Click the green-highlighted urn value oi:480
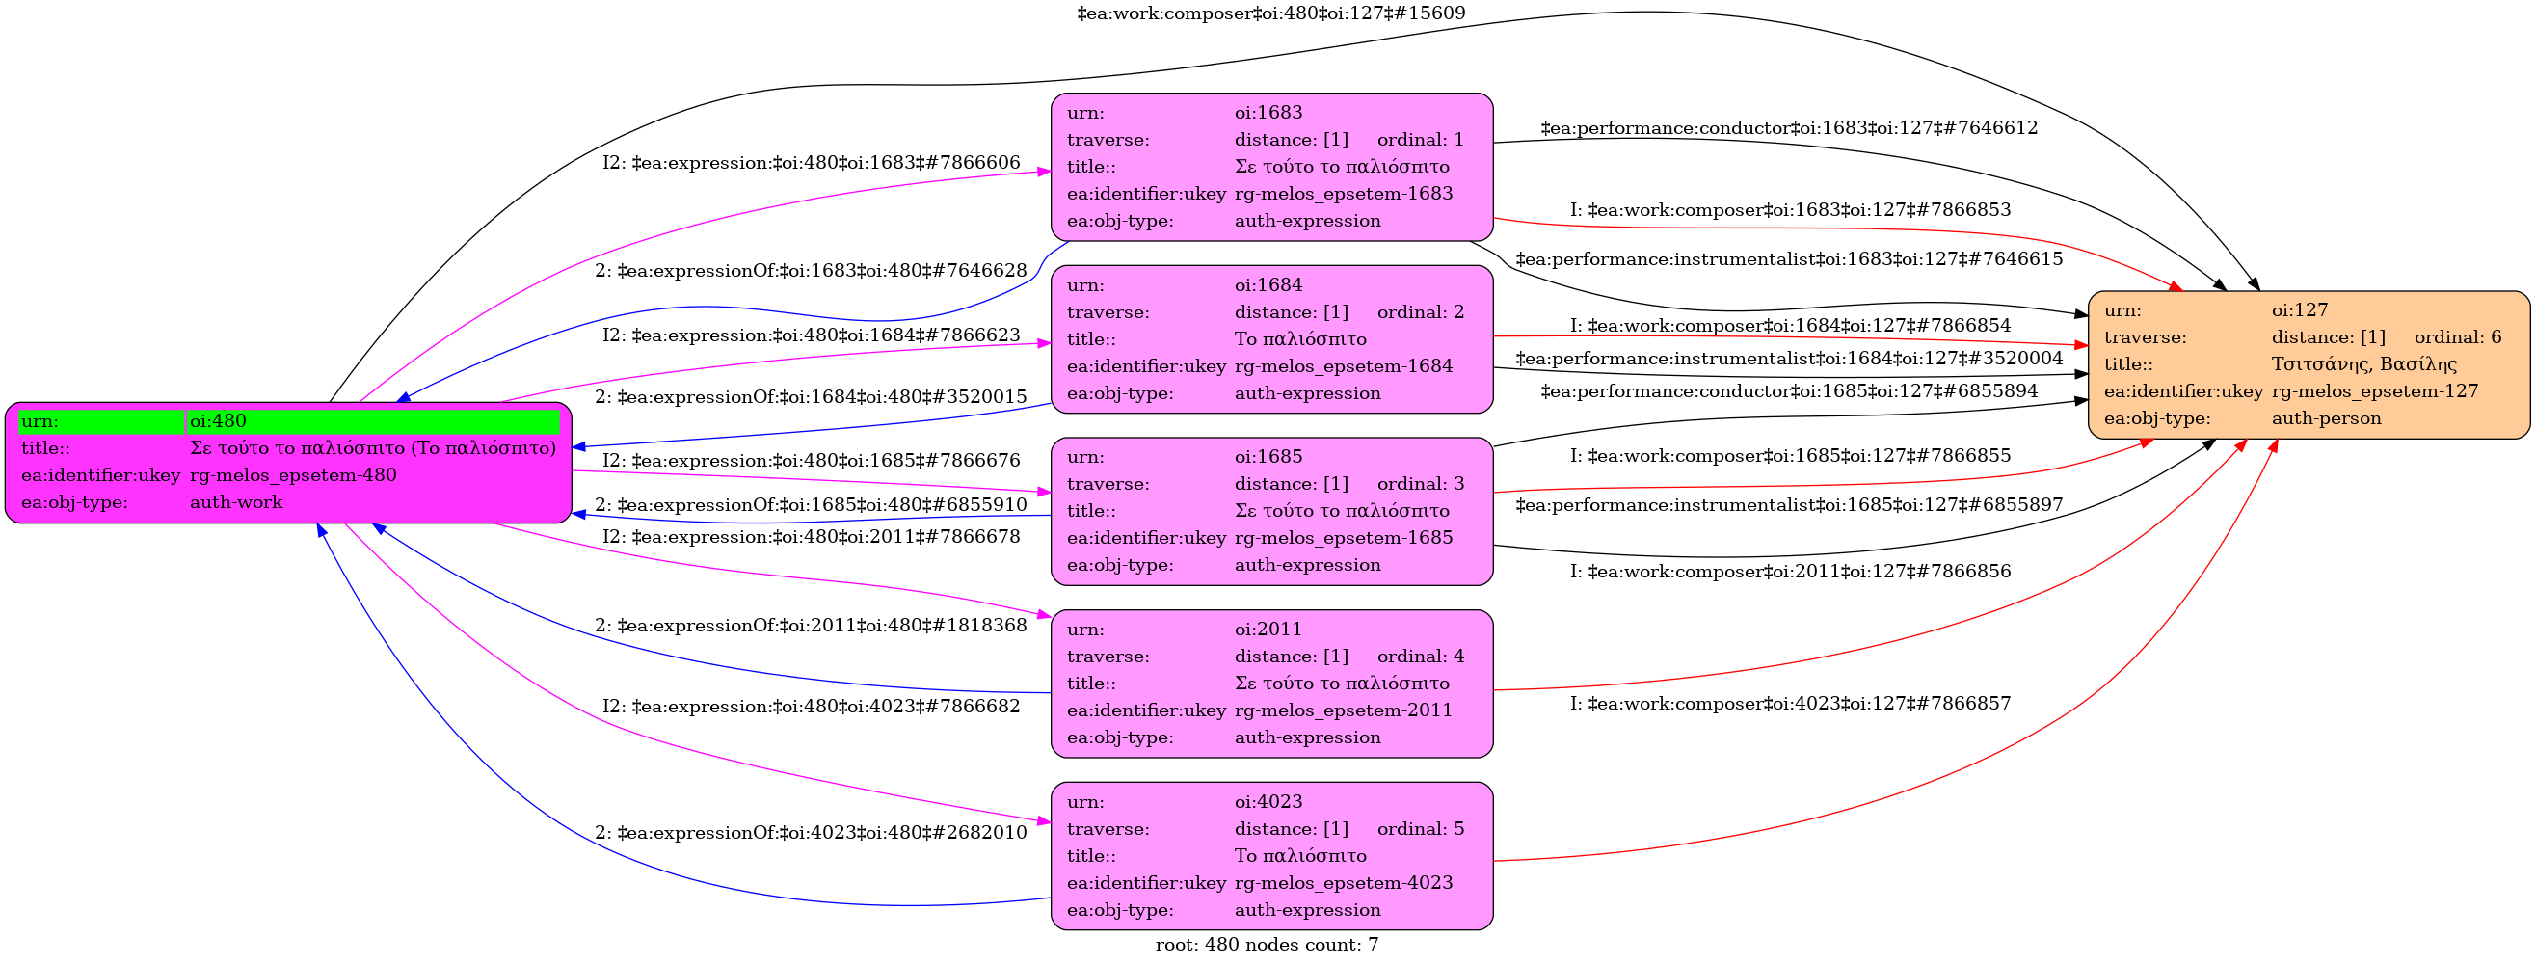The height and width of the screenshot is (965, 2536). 218,421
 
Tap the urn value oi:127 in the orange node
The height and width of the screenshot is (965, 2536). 2300,310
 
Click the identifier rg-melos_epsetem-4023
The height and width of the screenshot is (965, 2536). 1343,883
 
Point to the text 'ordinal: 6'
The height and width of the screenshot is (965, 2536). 2457,336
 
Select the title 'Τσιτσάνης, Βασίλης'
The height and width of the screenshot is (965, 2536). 2363,364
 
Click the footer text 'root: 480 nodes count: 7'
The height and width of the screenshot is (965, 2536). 1266,945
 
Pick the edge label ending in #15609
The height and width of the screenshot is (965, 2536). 1271,13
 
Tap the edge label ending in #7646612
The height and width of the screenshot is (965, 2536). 1789,128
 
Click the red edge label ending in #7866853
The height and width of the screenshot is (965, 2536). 1790,210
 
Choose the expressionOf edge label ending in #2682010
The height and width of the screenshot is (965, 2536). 811,833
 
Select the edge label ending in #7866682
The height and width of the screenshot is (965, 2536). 812,706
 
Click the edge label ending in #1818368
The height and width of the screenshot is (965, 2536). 811,626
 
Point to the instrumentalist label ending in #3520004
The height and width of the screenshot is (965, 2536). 1789,359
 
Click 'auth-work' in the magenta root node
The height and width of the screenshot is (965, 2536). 236,502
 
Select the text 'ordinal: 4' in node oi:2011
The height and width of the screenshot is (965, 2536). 1420,657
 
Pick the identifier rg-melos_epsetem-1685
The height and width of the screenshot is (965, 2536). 1343,539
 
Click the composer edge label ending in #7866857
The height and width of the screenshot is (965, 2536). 1790,703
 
